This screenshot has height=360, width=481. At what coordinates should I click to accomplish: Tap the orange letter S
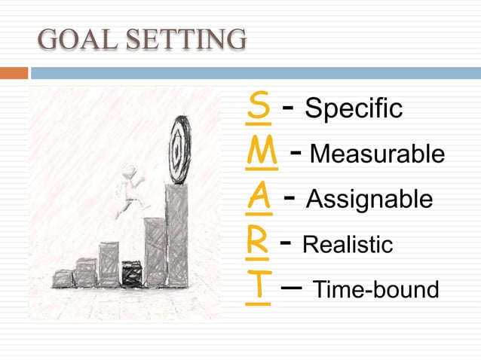click(x=259, y=108)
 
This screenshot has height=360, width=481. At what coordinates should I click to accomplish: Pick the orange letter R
click(x=259, y=243)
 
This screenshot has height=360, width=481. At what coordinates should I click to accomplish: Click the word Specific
click(x=353, y=110)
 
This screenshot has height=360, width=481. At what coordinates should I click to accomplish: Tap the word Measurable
click(x=377, y=154)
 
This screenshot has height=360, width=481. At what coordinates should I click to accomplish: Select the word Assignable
click(x=369, y=200)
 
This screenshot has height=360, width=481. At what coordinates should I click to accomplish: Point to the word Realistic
click(x=348, y=245)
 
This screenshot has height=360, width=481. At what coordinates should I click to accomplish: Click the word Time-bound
click(x=375, y=289)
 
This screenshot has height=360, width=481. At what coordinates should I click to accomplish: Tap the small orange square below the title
click(x=14, y=73)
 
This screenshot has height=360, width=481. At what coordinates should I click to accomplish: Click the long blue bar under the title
click(x=255, y=73)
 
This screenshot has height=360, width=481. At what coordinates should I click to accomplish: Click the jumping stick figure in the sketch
click(x=130, y=188)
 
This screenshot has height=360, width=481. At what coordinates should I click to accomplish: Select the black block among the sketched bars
click(x=132, y=273)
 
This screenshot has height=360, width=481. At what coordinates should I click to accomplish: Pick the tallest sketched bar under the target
click(x=177, y=235)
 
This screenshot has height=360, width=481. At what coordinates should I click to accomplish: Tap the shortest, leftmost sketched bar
click(x=63, y=279)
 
